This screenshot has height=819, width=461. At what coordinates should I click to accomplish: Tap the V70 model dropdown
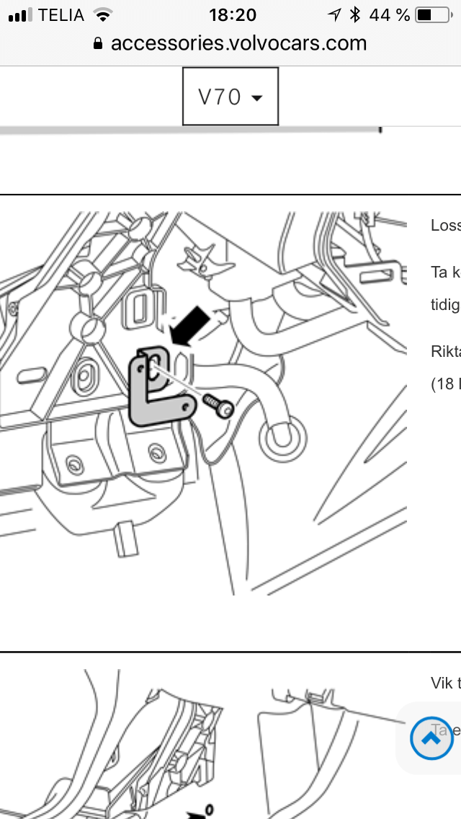[230, 97]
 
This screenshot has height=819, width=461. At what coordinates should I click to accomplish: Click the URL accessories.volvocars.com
[238, 43]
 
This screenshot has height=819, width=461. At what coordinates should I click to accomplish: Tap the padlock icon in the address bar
[99, 44]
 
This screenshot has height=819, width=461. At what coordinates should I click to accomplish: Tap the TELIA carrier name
[61, 14]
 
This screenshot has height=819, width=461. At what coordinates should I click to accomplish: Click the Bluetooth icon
[354, 14]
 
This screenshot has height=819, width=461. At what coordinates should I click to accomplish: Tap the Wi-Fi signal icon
[104, 14]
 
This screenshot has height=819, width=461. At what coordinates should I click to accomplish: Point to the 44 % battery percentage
[389, 14]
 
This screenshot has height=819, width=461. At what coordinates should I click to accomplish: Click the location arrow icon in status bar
[334, 14]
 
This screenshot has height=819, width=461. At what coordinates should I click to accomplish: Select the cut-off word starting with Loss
[445, 225]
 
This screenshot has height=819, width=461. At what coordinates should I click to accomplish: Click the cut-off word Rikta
[445, 351]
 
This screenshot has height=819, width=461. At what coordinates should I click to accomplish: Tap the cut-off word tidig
[445, 304]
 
